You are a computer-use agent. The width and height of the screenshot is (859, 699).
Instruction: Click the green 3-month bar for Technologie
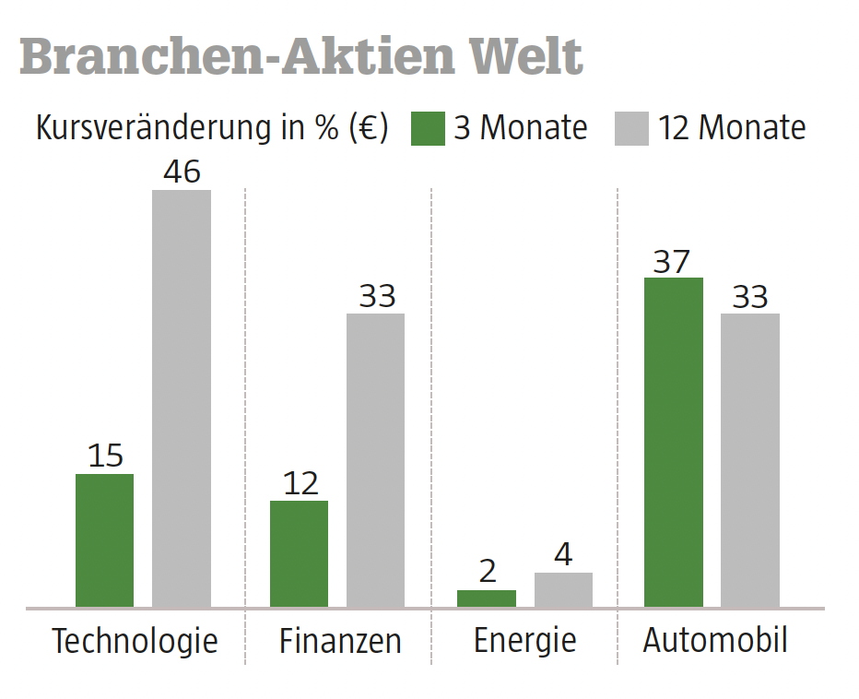pos(104,540)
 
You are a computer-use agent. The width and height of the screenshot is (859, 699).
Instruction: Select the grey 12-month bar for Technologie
pos(182,398)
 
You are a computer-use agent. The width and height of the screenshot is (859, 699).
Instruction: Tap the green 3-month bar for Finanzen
pos(299,553)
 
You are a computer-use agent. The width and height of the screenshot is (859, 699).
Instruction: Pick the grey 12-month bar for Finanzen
pos(376,460)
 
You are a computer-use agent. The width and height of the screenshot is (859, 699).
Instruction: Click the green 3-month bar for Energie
pos(487,598)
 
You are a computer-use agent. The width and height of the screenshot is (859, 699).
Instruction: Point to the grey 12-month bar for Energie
pos(563,590)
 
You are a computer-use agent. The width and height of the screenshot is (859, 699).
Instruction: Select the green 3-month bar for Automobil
pos(673,442)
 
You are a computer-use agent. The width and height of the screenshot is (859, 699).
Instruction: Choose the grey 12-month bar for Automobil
pos(750,460)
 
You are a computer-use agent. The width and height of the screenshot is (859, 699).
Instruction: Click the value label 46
pos(182,172)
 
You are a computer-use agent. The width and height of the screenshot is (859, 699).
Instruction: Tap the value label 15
pos(104,456)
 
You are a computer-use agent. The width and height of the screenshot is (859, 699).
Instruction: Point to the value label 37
pos(672,262)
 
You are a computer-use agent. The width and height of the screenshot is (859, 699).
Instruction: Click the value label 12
pos(300,483)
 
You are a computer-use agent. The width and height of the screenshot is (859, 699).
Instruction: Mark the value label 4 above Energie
pos(563,555)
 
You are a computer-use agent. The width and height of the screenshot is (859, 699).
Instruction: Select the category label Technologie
pos(135,641)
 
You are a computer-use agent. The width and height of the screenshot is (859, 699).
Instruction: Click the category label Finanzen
pos(340,641)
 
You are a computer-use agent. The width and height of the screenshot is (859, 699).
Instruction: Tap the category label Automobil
pos(715,640)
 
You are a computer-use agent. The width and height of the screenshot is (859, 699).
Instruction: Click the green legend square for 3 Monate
pos(428,128)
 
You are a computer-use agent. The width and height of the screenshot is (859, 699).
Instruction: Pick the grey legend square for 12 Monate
pos(631,128)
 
